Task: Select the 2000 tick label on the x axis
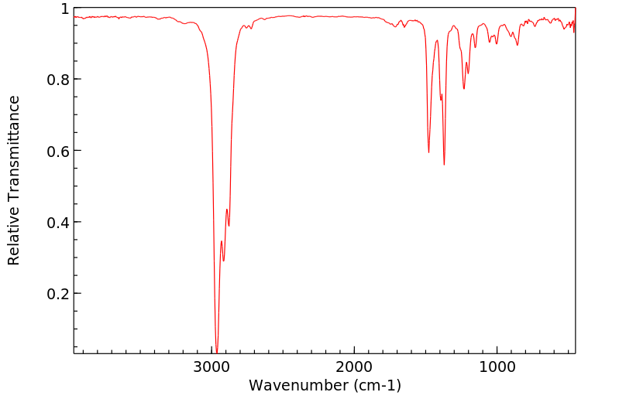click(355, 366)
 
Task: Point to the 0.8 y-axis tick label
click(59, 80)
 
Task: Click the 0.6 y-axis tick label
click(59, 151)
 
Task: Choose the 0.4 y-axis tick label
click(59, 223)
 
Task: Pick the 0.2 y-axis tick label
click(59, 294)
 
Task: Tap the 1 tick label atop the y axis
click(65, 9)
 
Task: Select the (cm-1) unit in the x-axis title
click(374, 385)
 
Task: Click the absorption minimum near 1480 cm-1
click(428, 152)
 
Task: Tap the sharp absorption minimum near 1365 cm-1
click(444, 165)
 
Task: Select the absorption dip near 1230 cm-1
click(464, 89)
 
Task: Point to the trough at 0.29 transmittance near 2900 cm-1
click(224, 261)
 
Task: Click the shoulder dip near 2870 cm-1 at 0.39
click(229, 226)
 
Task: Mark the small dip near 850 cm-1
click(518, 45)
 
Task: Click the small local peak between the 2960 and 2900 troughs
click(221, 241)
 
